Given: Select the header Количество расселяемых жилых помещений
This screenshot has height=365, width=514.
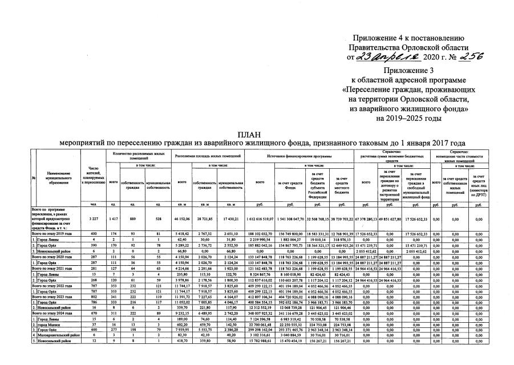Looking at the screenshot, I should [140, 155].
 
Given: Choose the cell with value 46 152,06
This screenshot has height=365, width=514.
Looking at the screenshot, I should [183, 219].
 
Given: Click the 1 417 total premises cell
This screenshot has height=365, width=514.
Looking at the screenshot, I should [114, 219].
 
